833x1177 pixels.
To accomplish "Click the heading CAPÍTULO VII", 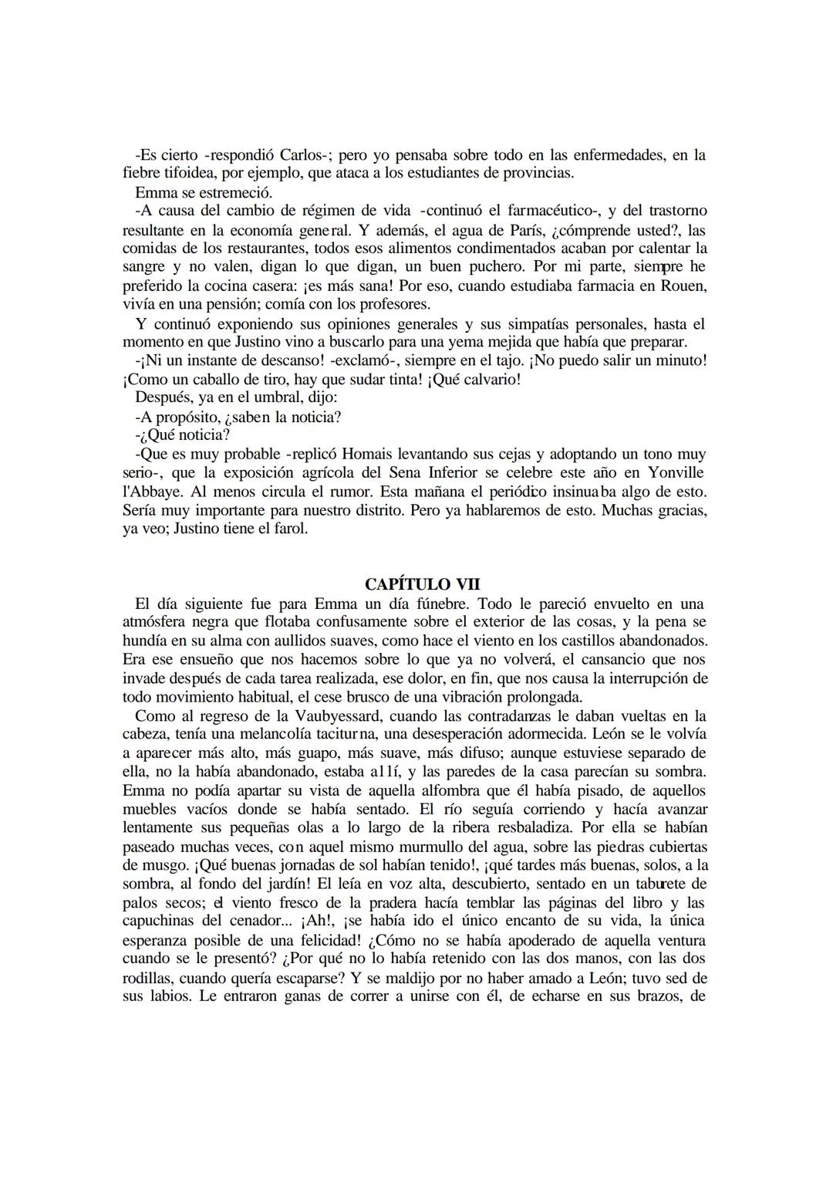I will point(423,584).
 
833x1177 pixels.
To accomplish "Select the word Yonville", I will point(673,472).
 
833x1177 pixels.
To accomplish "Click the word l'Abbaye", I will point(151,492).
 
